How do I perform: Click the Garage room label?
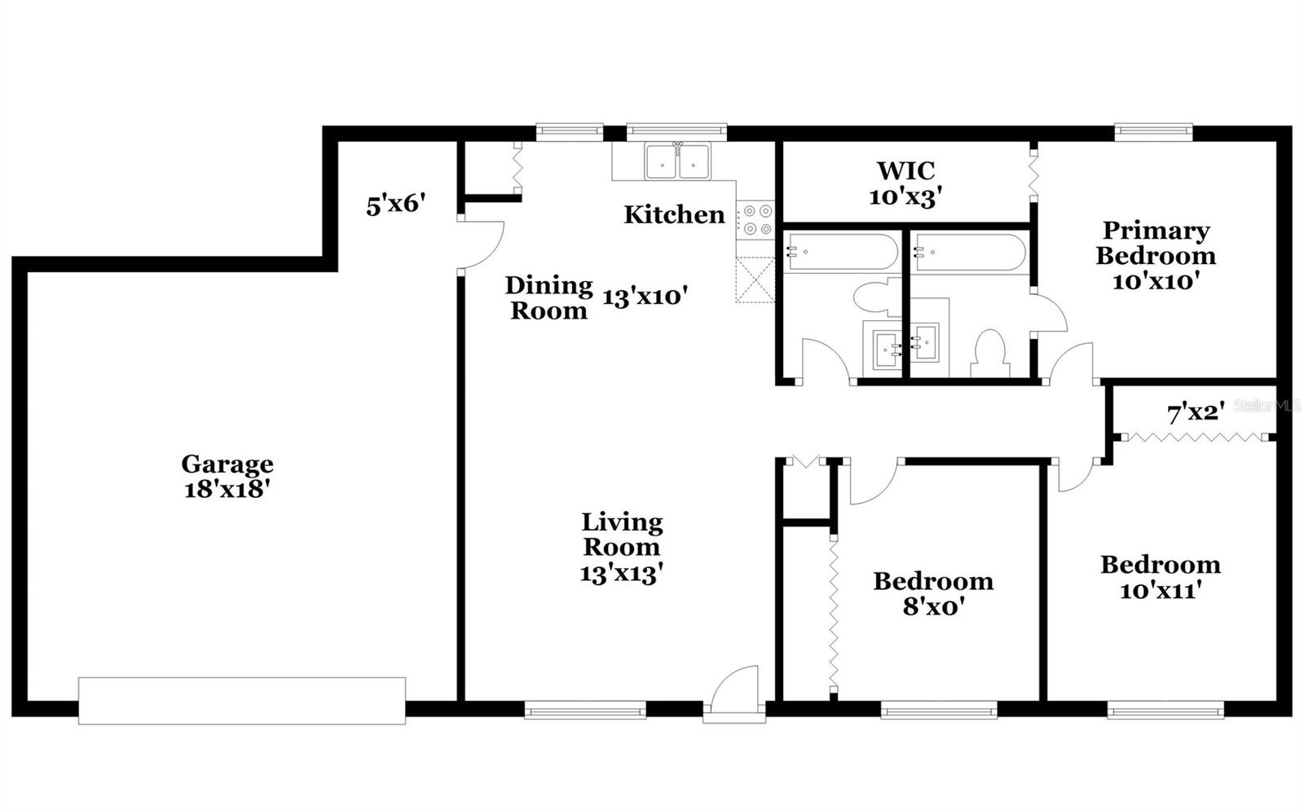(227, 476)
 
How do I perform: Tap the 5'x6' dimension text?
(396, 205)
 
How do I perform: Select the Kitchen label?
(674, 214)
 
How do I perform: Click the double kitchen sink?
(677, 161)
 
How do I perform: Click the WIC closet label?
(905, 183)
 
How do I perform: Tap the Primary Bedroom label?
(1155, 255)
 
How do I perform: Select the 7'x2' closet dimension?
(1196, 413)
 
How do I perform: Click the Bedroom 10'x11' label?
(1160, 576)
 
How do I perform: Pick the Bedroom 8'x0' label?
(933, 593)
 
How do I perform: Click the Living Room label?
(621, 547)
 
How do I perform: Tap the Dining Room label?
(548, 297)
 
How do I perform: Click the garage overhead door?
(242, 700)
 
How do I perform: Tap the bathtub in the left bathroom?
(841, 253)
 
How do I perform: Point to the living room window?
(585, 711)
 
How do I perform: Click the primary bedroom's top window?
(1153, 130)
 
